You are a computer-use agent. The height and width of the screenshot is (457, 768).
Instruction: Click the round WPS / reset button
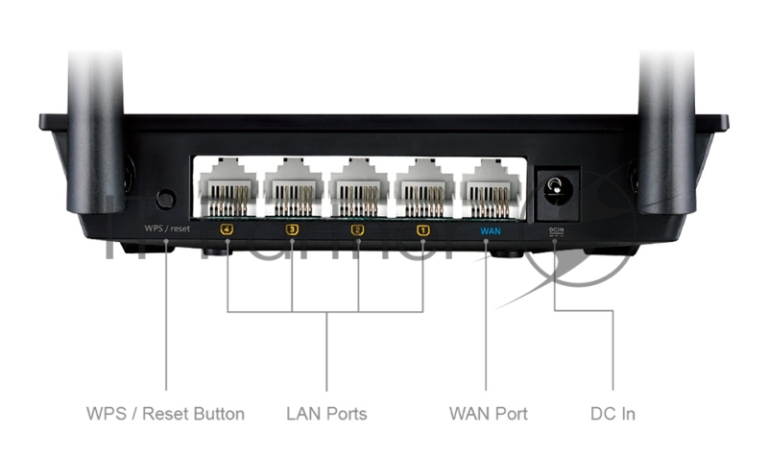tap(165, 199)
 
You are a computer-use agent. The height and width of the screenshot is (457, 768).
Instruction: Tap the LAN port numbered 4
tap(227, 188)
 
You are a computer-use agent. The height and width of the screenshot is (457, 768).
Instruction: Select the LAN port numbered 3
tap(293, 188)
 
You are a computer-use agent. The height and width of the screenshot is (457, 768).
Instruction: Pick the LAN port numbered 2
tap(358, 188)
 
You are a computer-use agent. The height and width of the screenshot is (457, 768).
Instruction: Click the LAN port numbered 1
tap(423, 188)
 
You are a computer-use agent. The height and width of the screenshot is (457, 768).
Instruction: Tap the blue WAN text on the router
tap(490, 230)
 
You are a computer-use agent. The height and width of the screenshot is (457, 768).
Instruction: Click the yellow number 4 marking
tap(227, 229)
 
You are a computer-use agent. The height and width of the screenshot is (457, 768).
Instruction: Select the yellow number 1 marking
tap(423, 229)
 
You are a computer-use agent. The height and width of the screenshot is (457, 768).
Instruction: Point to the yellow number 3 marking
tap(293, 229)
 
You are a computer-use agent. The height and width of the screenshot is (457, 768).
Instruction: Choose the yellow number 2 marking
tap(358, 229)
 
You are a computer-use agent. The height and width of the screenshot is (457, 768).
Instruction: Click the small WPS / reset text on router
tap(167, 229)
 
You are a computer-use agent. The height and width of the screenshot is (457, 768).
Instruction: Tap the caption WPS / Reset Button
tap(165, 415)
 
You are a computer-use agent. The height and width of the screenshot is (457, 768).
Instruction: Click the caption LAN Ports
tap(326, 415)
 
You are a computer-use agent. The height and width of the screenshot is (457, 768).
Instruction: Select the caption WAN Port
tap(488, 415)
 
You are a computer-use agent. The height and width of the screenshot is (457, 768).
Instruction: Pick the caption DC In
tap(612, 415)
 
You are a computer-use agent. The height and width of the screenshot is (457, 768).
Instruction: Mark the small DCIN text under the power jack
tap(556, 230)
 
